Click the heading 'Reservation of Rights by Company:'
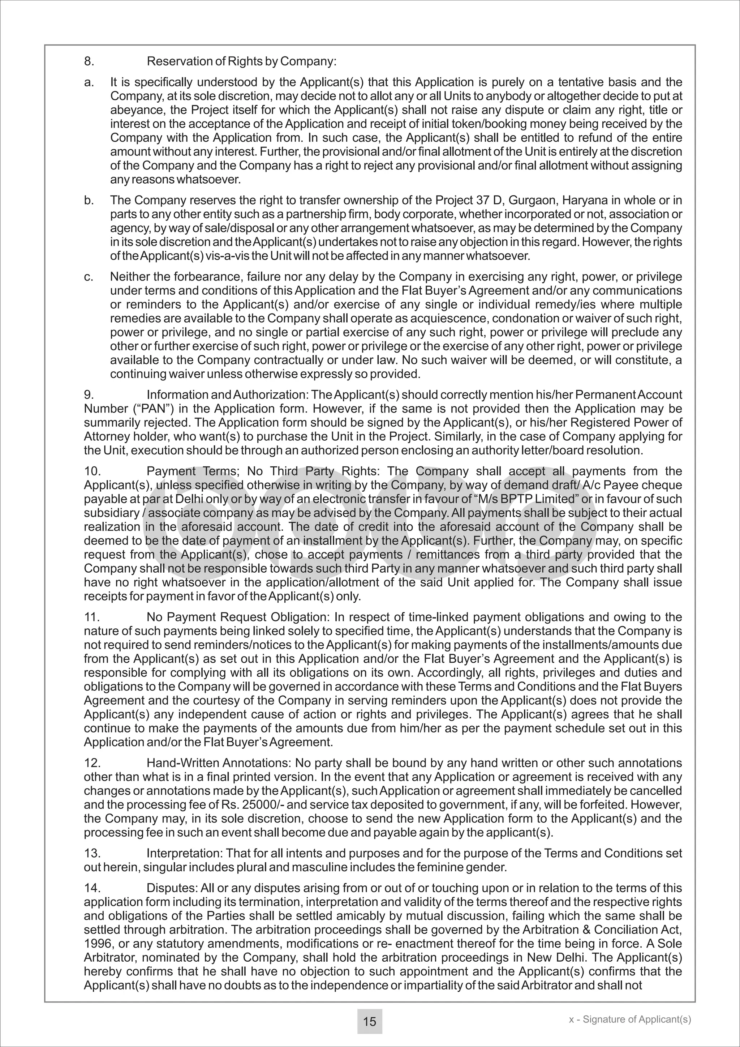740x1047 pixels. point(241,61)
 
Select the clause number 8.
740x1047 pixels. point(89,61)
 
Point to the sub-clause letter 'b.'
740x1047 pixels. point(89,200)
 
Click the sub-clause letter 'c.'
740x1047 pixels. point(89,277)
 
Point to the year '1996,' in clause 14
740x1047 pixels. point(98,943)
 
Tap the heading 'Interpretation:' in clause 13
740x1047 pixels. point(185,853)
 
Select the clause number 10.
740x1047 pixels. point(92,471)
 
